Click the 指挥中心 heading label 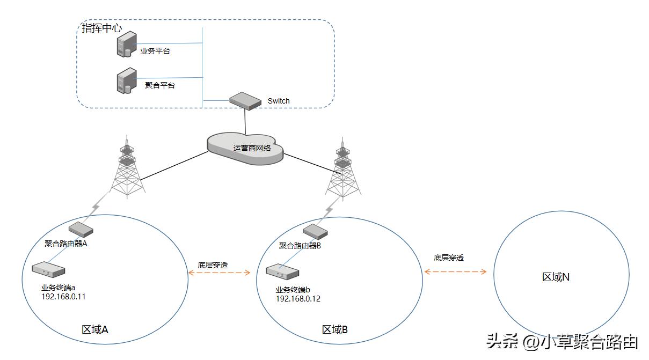[101, 28]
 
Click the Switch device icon [245, 101]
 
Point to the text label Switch [278, 101]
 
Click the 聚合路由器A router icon [80, 230]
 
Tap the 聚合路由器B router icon [315, 232]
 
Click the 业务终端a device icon [48, 269]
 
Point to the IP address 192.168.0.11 [63, 296]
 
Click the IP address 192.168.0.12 [298, 299]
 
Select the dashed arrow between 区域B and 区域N [455, 272]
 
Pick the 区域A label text [95, 330]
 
